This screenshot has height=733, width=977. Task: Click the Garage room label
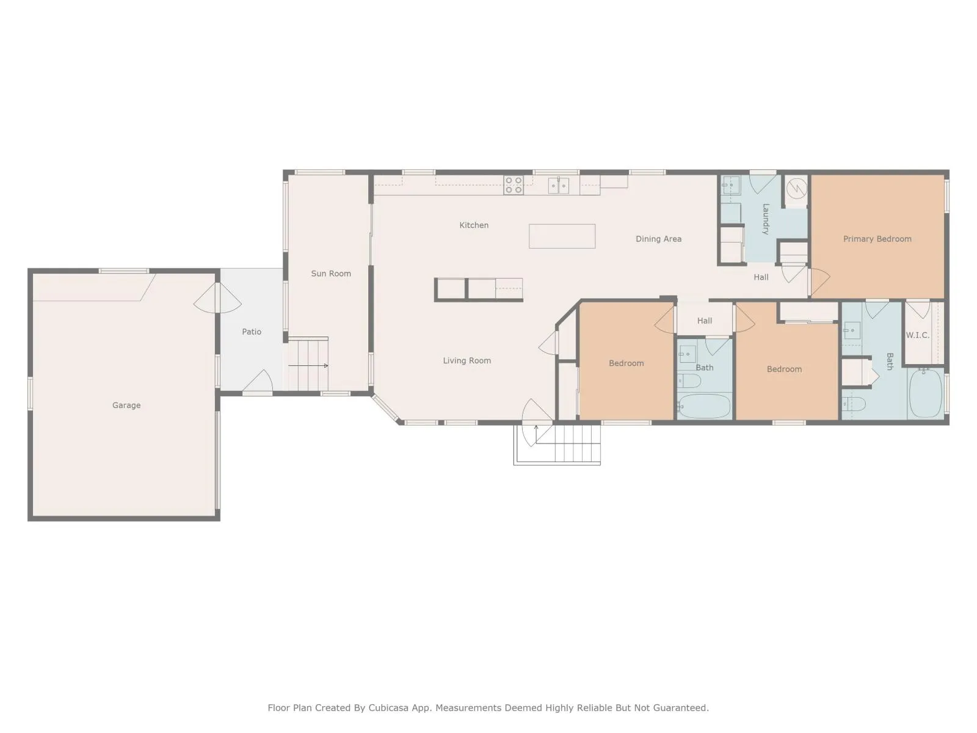(126, 406)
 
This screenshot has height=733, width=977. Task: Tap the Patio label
(252, 332)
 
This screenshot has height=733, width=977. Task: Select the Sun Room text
(331, 274)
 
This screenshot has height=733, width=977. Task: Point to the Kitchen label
(474, 225)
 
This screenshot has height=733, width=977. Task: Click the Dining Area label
(658, 239)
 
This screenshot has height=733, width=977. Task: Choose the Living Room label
(467, 360)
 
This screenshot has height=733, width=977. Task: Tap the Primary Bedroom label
(877, 239)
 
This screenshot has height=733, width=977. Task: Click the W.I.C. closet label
(917, 335)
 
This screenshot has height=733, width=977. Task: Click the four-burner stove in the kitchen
(513, 184)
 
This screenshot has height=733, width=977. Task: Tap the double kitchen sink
(558, 185)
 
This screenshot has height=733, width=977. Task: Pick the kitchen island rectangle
(562, 236)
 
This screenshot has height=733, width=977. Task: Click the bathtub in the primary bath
(925, 393)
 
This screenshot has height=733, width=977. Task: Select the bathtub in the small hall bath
(704, 406)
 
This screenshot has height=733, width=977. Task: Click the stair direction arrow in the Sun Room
(308, 366)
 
